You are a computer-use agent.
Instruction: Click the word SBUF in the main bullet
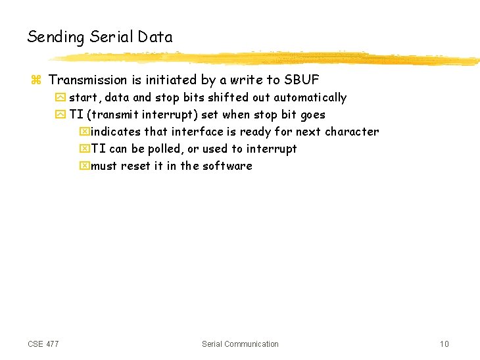pos(302,80)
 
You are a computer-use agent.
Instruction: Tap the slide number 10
pos(444,344)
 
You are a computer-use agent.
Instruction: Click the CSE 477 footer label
pos(43,344)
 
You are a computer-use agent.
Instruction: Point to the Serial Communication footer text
pos(240,344)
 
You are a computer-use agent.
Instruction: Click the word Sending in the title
pos(56,38)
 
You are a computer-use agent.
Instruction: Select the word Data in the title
pos(155,38)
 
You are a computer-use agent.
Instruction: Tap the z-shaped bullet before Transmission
pos(36,81)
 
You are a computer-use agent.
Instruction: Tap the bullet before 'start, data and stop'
pos(60,98)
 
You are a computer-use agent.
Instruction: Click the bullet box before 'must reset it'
pos(84,167)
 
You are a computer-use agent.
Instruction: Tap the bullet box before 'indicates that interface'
pos(84,132)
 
